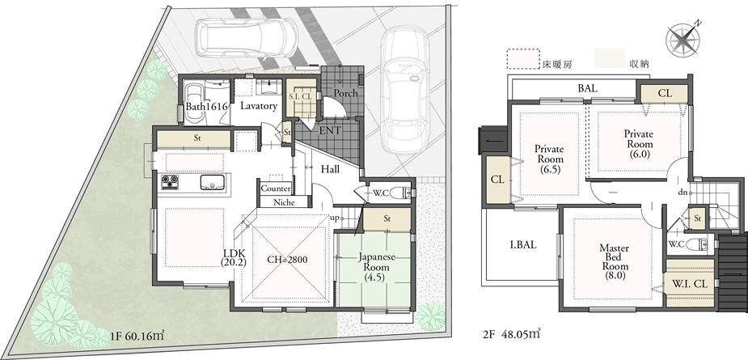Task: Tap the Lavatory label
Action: click(259, 106)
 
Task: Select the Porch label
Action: click(345, 93)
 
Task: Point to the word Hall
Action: click(330, 170)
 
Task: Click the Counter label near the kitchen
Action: click(275, 188)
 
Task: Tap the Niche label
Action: click(283, 202)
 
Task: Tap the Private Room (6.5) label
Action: click(549, 159)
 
